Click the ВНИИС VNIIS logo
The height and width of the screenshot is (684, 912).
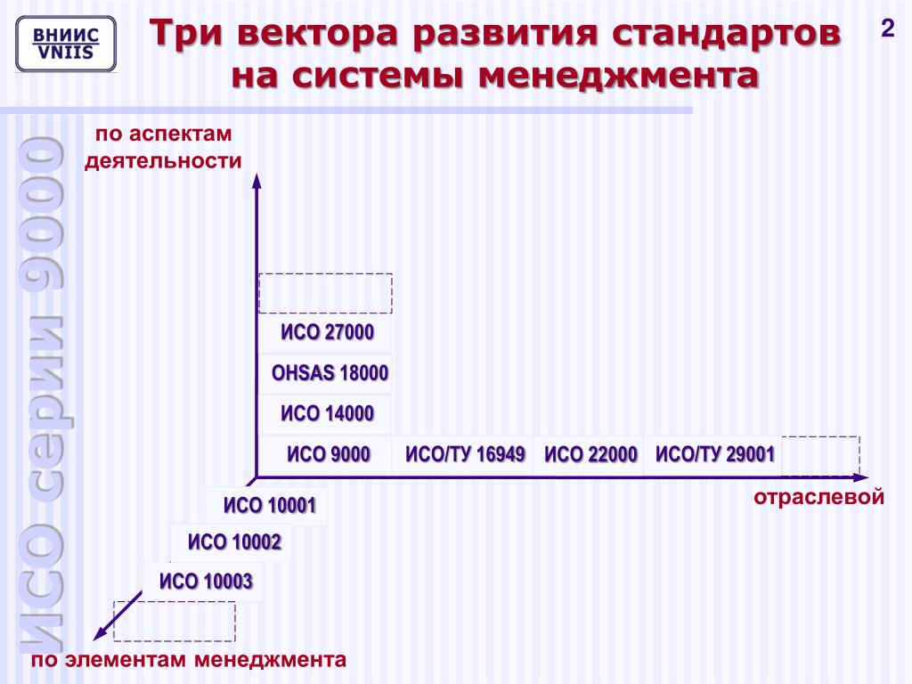pyautogui.click(x=66, y=44)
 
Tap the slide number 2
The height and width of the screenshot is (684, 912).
pyautogui.click(x=887, y=29)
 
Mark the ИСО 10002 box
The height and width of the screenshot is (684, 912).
pyautogui.click(x=234, y=541)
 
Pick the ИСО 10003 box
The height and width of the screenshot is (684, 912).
pyautogui.click(x=206, y=582)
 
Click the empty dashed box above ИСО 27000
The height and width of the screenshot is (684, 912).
pyautogui.click(x=325, y=293)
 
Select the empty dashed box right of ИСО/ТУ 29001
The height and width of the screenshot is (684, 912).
pyautogui.click(x=820, y=454)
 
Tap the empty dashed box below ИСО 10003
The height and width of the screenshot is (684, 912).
pyautogui.click(x=175, y=621)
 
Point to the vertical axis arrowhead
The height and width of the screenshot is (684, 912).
pyautogui.click(x=256, y=181)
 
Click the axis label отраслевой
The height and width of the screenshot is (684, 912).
pyautogui.click(x=818, y=497)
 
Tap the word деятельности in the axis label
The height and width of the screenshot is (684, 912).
pyautogui.click(x=163, y=161)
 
